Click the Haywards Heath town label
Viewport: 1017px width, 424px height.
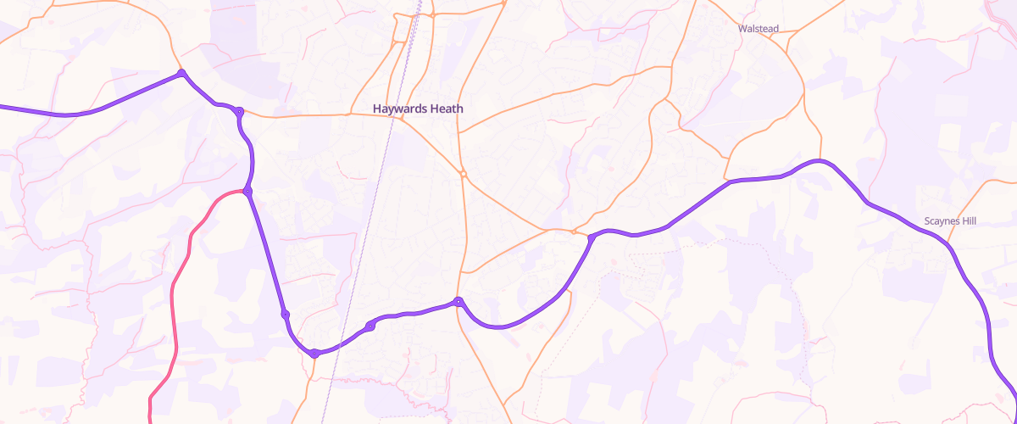tap(418, 109)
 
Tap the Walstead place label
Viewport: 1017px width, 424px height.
tap(758, 29)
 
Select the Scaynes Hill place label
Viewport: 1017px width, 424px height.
tap(950, 221)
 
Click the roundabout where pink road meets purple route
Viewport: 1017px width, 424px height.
tap(247, 192)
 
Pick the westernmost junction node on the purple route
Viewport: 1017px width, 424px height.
tap(181, 74)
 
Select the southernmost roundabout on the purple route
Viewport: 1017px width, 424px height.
tap(314, 353)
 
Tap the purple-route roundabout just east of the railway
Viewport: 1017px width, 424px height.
tap(370, 326)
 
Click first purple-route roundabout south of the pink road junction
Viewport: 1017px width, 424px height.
tap(286, 315)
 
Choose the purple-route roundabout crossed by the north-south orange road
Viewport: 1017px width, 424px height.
tap(458, 301)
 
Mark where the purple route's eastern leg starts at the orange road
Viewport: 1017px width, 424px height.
tap(591, 238)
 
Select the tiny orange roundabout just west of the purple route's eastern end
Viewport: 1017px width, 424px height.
tap(574, 231)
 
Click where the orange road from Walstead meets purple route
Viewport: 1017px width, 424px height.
tap(730, 181)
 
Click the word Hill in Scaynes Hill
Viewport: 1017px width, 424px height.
tap(967, 221)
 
